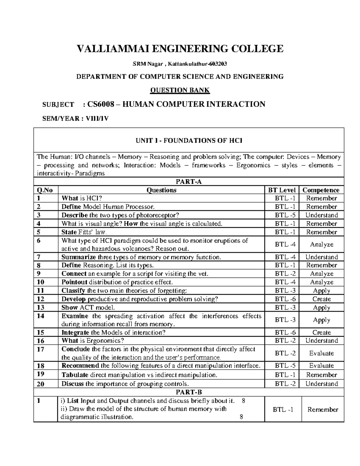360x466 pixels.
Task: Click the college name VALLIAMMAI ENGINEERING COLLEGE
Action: [x=180, y=48]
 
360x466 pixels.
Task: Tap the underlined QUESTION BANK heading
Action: [x=180, y=90]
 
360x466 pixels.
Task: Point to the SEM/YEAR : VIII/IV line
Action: [x=75, y=119]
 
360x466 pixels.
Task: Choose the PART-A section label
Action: [x=189, y=182]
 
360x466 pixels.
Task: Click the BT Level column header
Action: [x=283, y=190]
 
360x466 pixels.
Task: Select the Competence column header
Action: [x=321, y=190]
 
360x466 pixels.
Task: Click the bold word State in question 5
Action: [x=69, y=232]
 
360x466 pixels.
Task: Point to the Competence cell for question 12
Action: [x=322, y=299]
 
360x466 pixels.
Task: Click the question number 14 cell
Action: [x=41, y=316]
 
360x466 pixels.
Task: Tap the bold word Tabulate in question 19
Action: [x=75, y=375]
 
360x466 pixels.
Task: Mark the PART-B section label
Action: [x=189, y=392]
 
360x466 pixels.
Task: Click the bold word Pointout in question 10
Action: [x=74, y=282]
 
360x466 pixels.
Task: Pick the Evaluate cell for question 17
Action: [x=322, y=353]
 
